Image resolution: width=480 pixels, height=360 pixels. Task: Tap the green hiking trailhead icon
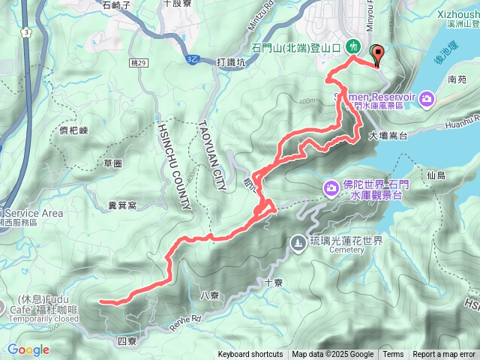352,46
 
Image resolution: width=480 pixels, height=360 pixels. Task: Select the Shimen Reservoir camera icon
427,98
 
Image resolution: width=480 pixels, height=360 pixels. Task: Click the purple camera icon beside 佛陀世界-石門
330,187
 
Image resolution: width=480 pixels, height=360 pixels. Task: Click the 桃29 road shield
136,64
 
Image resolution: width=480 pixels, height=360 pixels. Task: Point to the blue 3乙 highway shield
193,58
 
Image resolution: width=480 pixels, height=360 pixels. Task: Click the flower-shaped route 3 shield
27,33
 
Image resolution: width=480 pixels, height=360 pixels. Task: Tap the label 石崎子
116,4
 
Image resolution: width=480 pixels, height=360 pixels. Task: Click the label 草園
113,163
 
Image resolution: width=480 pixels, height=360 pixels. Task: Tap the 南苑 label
457,78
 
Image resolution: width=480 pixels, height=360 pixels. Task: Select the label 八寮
210,295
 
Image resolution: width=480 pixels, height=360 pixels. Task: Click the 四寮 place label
127,341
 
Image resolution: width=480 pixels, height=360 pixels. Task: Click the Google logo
28,349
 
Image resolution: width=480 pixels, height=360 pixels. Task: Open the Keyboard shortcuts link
250,355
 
